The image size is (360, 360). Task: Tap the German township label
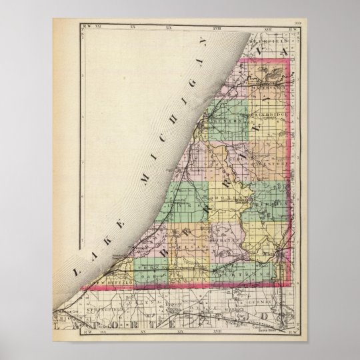(263, 304)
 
